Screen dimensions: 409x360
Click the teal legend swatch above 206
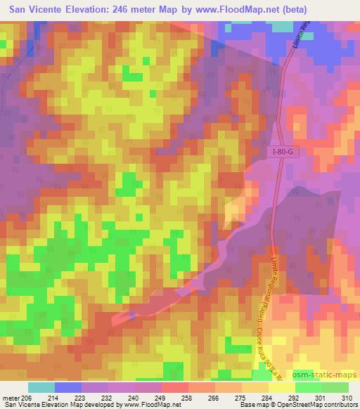point(41,387)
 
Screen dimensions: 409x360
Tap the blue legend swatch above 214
point(67,387)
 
